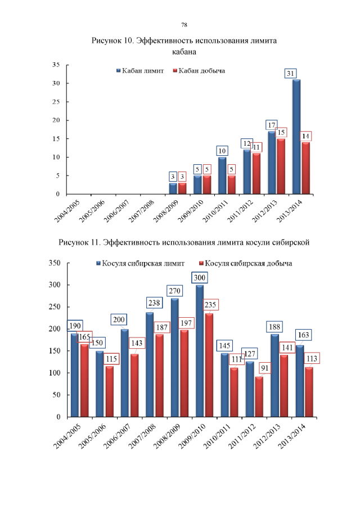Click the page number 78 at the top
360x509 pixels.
tap(184, 25)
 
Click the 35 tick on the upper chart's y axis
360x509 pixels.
tap(56, 65)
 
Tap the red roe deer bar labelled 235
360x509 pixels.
tap(209, 365)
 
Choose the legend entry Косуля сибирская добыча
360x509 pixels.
tap(247, 263)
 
